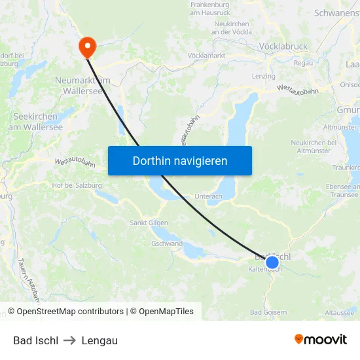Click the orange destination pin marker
pos(86,46)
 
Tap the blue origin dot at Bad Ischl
pos(272,262)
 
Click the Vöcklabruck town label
pos(283,46)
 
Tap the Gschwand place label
pos(167,243)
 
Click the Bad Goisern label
pos(268,312)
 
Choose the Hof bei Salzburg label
pos(77,185)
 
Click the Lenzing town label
pos(264,77)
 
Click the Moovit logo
pos(321,340)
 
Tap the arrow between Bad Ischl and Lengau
pos(70,340)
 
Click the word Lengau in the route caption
pos(99,340)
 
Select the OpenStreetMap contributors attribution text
pos(65,312)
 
